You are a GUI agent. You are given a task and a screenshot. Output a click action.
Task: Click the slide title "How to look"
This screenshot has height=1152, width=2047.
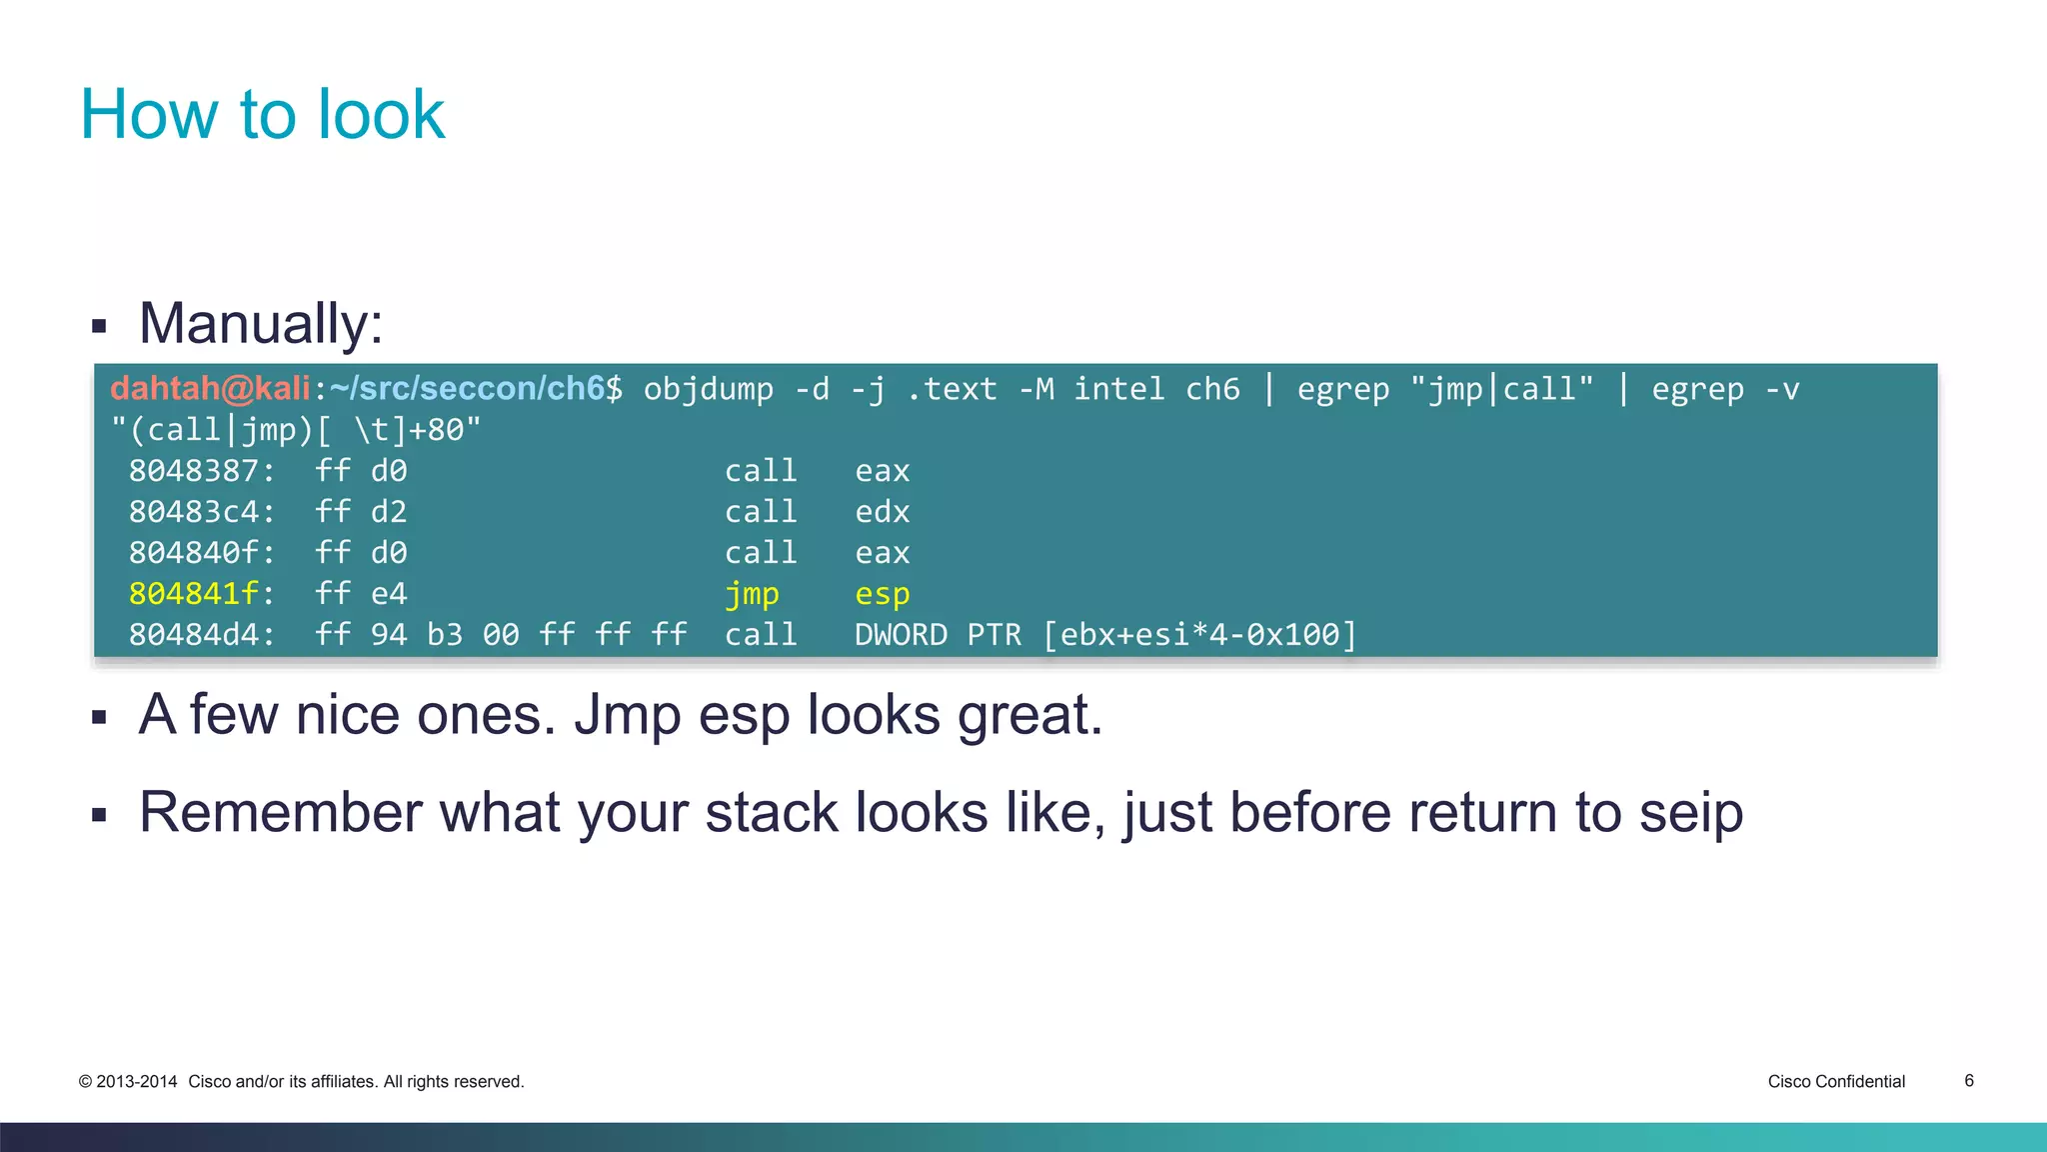[x=262, y=114]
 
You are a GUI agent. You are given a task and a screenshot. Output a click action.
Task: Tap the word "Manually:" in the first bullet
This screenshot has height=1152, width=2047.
[x=261, y=324]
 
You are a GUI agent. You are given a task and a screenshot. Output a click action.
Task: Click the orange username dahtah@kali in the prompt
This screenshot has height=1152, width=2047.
[x=210, y=388]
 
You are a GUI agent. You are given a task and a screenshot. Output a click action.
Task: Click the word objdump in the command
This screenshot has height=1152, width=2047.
[x=708, y=389]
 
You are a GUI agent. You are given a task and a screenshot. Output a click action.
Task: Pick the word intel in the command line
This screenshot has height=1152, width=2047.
[x=1118, y=389]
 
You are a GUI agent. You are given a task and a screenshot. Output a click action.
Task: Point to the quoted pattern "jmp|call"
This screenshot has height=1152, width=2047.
[x=1501, y=389]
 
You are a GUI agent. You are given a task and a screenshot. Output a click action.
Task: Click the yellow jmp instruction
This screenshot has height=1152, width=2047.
[x=752, y=594]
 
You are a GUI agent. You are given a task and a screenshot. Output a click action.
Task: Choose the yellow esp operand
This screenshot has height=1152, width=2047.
[x=882, y=594]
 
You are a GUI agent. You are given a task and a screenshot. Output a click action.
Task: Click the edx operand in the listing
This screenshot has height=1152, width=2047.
[x=882, y=512]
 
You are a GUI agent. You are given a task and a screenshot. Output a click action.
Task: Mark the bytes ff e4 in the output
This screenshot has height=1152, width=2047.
[x=361, y=594]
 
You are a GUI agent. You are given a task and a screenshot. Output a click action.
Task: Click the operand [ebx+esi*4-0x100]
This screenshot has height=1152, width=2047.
[x=1199, y=635]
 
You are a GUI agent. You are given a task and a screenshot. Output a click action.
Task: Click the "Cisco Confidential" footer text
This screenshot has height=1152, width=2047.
[x=1836, y=1081]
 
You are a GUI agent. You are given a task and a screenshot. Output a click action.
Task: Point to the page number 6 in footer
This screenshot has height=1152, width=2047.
[x=1969, y=1080]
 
